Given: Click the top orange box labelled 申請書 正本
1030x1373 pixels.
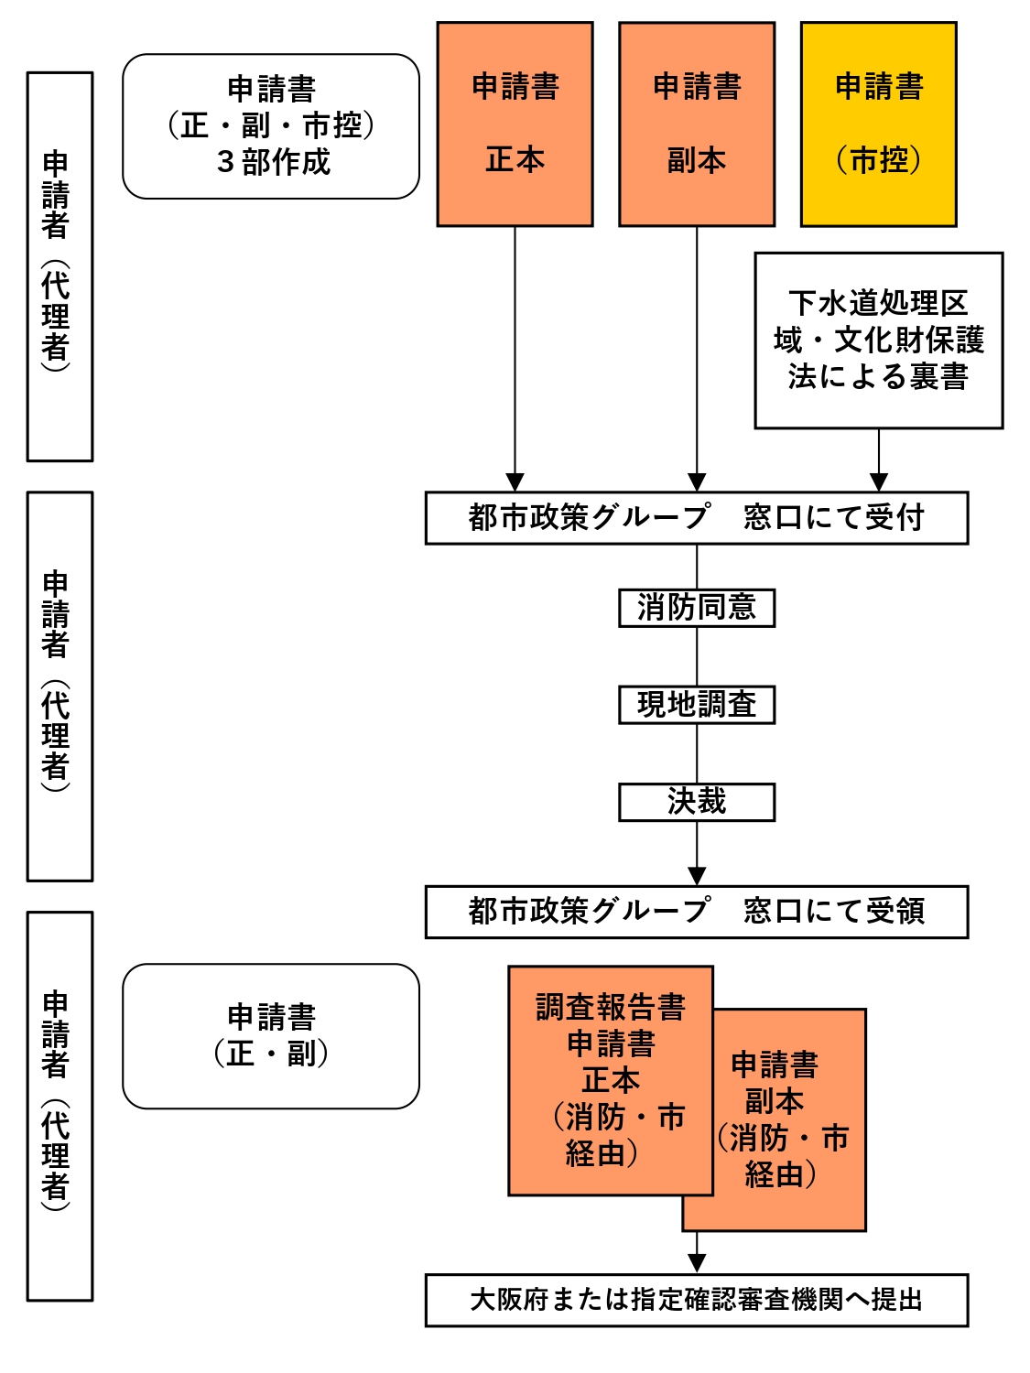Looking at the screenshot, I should (515, 124).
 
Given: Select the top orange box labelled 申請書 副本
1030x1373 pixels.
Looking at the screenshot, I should (697, 124).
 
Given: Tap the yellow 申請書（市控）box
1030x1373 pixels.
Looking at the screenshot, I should (878, 124).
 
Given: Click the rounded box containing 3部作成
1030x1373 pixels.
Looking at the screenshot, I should (271, 126).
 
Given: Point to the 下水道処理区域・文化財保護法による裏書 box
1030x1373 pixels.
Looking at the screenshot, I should (878, 341).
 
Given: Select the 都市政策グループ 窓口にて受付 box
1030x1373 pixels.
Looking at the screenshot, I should (696, 518).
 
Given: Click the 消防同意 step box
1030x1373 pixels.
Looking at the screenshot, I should (697, 608).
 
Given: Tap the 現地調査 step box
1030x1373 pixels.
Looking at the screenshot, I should (697, 705).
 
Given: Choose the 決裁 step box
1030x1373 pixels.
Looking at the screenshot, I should (697, 802).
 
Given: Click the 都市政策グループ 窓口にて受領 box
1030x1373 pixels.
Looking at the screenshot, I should (696, 912).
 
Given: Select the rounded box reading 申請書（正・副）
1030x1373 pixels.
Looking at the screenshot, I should (271, 1036).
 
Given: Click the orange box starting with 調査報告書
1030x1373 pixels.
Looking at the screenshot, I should (610, 1080).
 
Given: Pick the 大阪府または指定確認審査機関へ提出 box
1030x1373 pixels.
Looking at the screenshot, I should (696, 1300).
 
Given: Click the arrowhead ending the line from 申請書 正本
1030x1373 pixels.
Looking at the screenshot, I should (515, 482).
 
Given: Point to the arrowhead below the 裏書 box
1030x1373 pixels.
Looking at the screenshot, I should (878, 482).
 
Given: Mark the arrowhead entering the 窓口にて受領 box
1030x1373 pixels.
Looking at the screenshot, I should (697, 876).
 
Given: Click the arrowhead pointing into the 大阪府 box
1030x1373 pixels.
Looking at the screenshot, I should (697, 1263).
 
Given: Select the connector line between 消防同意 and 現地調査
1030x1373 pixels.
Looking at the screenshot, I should (697, 656).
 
